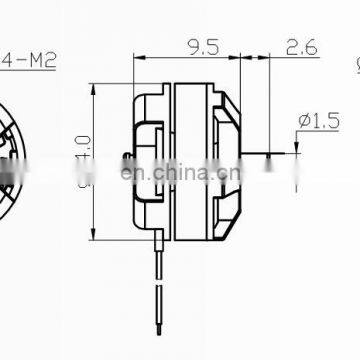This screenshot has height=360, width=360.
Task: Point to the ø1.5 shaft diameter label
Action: (x=312, y=121)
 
